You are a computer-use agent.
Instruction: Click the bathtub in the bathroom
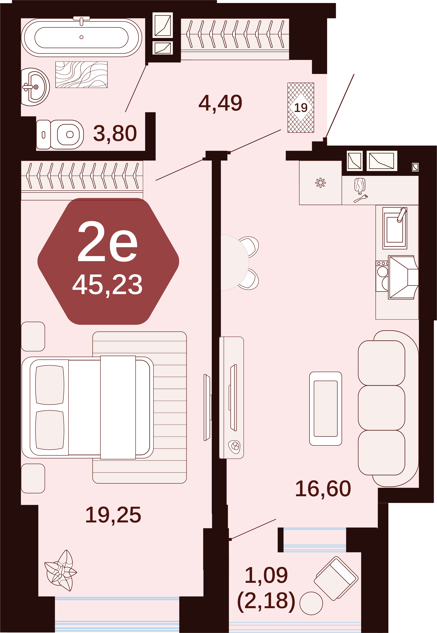81,37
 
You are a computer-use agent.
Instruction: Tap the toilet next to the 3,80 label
60,134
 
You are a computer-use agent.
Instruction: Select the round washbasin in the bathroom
35,87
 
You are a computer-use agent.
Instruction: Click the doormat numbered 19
301,107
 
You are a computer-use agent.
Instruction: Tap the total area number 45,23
107,285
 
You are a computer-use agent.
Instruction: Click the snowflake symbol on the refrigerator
320,183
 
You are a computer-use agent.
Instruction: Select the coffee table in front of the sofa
326,408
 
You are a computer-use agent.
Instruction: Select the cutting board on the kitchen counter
360,185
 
